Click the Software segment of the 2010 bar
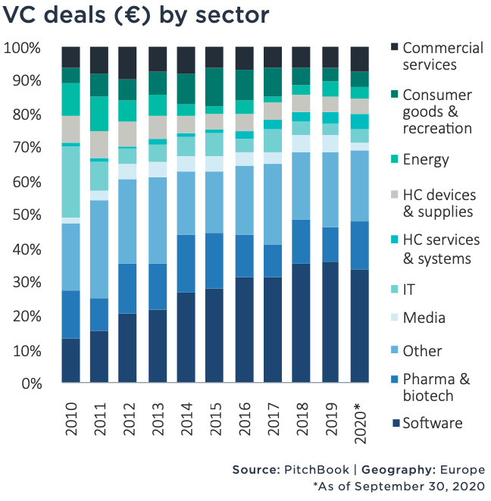(x=71, y=361)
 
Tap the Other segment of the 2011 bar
(x=99, y=249)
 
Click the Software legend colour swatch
(x=394, y=422)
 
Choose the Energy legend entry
(x=426, y=160)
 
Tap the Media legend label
(x=424, y=318)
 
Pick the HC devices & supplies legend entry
(x=438, y=202)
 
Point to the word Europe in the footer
(x=461, y=470)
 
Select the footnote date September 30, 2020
(x=426, y=487)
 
